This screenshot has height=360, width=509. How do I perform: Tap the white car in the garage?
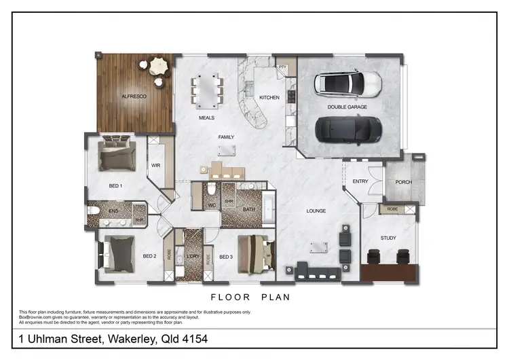click(x=348, y=84)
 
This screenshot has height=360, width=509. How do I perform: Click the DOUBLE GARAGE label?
click(x=348, y=107)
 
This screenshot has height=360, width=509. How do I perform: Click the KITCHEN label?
click(x=269, y=98)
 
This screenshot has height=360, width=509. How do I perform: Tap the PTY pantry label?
click(x=283, y=67)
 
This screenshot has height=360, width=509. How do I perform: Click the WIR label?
click(x=155, y=165)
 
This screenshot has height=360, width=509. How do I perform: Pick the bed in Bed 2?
click(x=121, y=252)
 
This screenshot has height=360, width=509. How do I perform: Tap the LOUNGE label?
click(x=316, y=211)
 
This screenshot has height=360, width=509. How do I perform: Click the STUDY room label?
click(x=388, y=238)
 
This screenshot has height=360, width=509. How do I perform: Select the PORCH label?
click(x=403, y=181)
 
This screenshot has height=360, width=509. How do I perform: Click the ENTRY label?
click(x=360, y=181)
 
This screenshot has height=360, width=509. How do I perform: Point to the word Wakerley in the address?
click(x=130, y=338)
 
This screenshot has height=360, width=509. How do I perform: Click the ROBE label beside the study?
click(x=392, y=209)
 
